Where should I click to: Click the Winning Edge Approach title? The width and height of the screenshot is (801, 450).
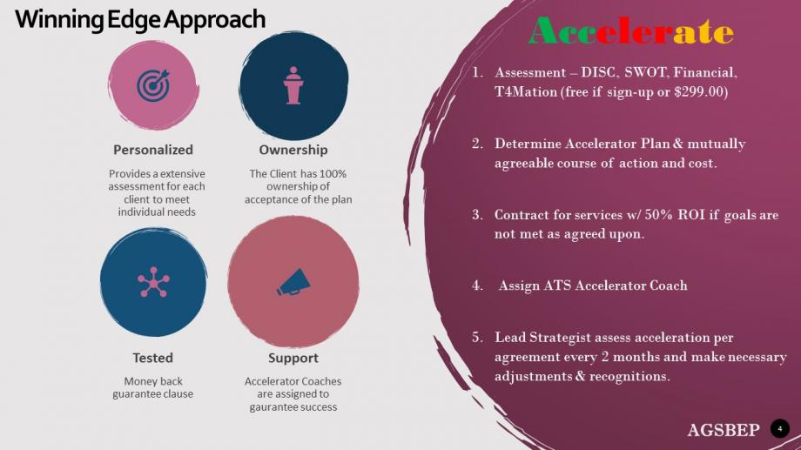pos(140,20)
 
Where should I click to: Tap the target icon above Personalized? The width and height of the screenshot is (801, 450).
pos(153,85)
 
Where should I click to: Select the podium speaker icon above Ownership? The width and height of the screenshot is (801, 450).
pos(293,85)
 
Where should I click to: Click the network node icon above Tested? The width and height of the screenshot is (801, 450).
pos(153,282)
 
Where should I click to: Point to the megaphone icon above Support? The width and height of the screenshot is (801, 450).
pos(293,282)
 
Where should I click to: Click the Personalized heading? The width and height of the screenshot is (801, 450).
pos(153,150)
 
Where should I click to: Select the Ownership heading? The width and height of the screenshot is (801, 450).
pos(293,150)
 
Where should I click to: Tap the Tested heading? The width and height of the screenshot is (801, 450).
pos(152,358)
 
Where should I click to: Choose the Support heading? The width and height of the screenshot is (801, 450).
pos(293,358)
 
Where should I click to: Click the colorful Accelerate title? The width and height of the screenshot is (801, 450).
pos(631,31)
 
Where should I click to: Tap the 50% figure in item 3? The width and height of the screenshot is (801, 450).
pos(658,214)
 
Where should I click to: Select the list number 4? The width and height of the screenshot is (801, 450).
pos(477,285)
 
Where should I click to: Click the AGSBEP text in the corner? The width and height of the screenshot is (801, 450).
pos(724,430)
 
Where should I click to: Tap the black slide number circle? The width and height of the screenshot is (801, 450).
pos(779,428)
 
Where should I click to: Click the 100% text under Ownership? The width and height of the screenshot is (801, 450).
pos(333,174)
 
